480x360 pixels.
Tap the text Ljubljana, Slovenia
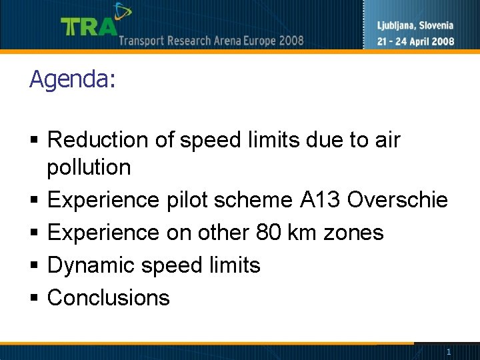point(415,26)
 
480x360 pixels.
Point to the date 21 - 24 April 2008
point(415,41)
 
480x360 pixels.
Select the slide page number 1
point(449,351)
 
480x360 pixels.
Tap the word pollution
point(89,168)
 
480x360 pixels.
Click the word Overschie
point(398,200)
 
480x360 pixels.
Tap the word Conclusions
point(109,297)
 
